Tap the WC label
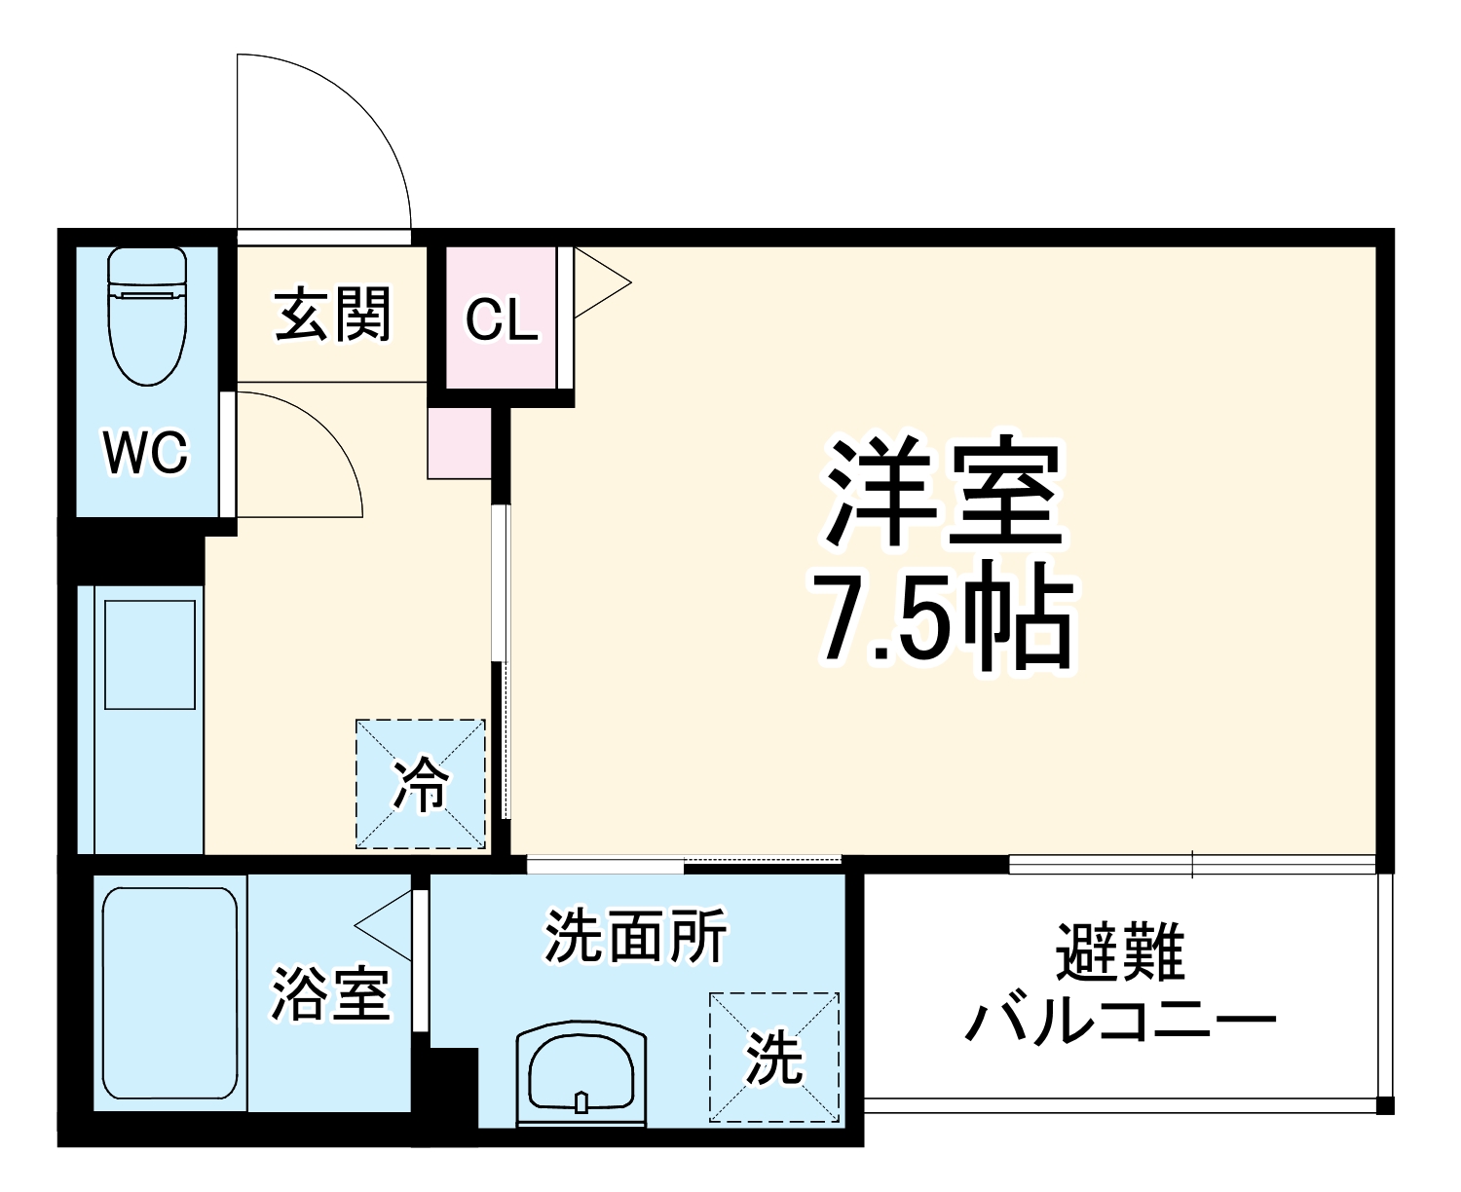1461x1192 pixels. pos(146,453)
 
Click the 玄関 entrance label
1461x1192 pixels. pos(332,314)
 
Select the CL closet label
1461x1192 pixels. pos(501,318)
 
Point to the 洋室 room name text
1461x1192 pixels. pos(942,494)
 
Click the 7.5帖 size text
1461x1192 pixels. pos(942,616)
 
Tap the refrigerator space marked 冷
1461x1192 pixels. pos(420,783)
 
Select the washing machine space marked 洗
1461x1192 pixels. pos(773,1057)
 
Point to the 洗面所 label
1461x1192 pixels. pos(635,937)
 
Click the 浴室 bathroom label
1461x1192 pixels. pos(330,993)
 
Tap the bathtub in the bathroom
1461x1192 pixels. pos(169,993)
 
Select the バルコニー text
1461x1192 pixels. pos(1120,1023)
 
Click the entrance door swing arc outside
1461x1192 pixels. pos(351,117)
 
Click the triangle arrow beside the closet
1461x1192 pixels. pos(599,283)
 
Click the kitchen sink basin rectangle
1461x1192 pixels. pos(150,654)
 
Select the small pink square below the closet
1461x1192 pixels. pos(459,443)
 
